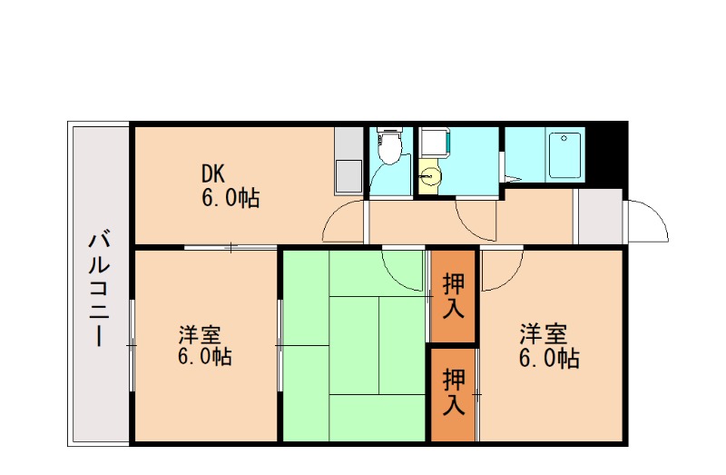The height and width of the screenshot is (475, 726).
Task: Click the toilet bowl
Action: click(x=390, y=149)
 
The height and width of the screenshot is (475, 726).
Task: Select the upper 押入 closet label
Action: click(x=453, y=297)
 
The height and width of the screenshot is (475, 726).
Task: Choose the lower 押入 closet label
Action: click(x=453, y=391)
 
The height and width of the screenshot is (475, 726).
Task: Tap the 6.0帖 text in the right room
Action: click(x=550, y=358)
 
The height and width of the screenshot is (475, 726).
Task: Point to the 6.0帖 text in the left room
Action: click(x=205, y=356)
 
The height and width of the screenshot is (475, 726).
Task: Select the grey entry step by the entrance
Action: click(x=599, y=216)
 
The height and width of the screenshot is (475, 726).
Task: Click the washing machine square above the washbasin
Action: click(x=434, y=143)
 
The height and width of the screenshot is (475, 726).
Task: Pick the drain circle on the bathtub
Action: click(x=564, y=139)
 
